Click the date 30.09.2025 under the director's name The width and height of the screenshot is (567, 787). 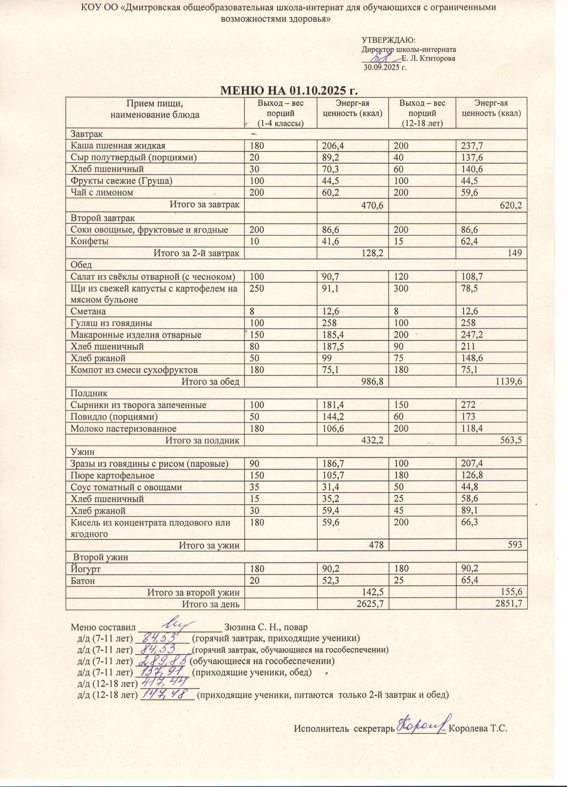pos(384,67)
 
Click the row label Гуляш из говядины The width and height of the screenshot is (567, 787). pos(111,323)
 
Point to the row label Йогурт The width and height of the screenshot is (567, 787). pos(86,569)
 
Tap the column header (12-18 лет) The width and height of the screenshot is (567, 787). pos(422,123)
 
